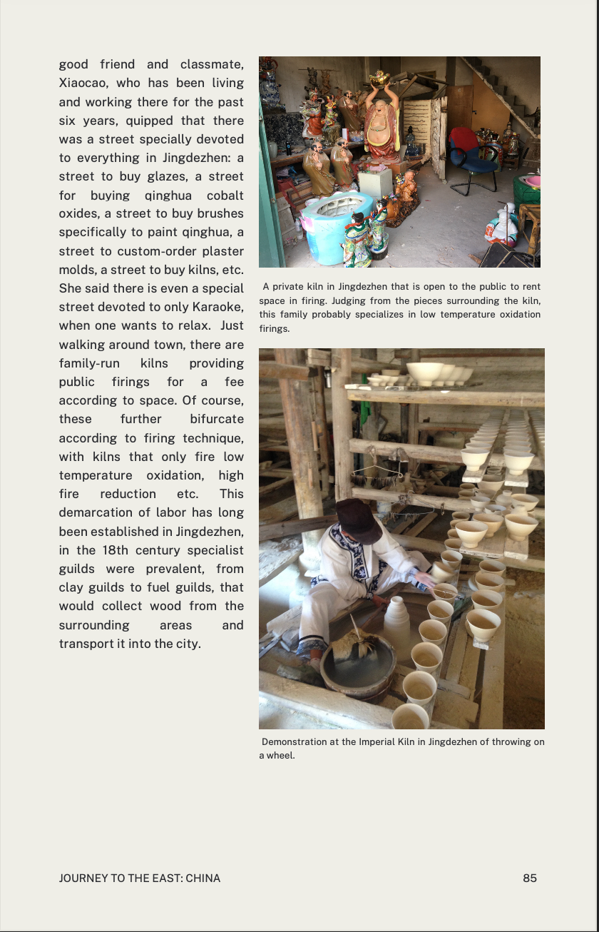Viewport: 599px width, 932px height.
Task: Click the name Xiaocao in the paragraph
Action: [x=83, y=83]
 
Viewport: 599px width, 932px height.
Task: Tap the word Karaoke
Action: [x=215, y=307]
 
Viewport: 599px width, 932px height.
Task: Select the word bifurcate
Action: [x=217, y=419]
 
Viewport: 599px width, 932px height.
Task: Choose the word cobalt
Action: [x=225, y=196]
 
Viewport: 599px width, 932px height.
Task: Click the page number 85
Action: [x=530, y=878]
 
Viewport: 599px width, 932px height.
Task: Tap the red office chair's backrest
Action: [x=464, y=141]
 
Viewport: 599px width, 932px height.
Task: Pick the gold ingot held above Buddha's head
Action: [x=379, y=76]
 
